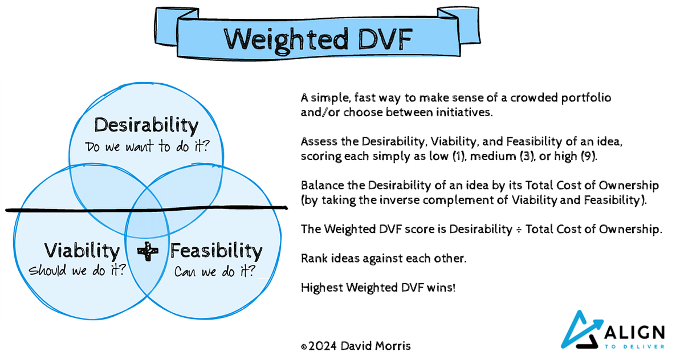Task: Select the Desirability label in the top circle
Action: pyautogui.click(x=146, y=125)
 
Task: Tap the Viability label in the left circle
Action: pyautogui.click(x=82, y=251)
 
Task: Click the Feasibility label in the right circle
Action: pyautogui.click(x=216, y=251)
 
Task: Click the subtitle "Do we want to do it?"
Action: pyautogui.click(x=146, y=146)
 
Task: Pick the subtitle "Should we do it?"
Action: pyautogui.click(x=78, y=269)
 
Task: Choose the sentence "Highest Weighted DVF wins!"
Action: pyautogui.click(x=378, y=288)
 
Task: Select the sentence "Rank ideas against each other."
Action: pyautogui.click(x=384, y=258)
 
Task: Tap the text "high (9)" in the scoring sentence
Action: pyautogui.click(x=580, y=156)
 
